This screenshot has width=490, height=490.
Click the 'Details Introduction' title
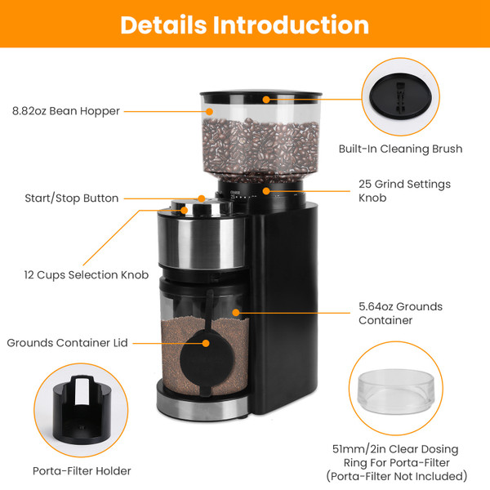click(244, 24)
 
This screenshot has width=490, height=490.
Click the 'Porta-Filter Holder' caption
click(81, 471)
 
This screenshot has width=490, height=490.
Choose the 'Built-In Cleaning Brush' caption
click(400, 149)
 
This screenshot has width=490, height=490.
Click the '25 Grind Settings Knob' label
click(404, 191)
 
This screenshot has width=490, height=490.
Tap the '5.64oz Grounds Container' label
click(400, 314)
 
